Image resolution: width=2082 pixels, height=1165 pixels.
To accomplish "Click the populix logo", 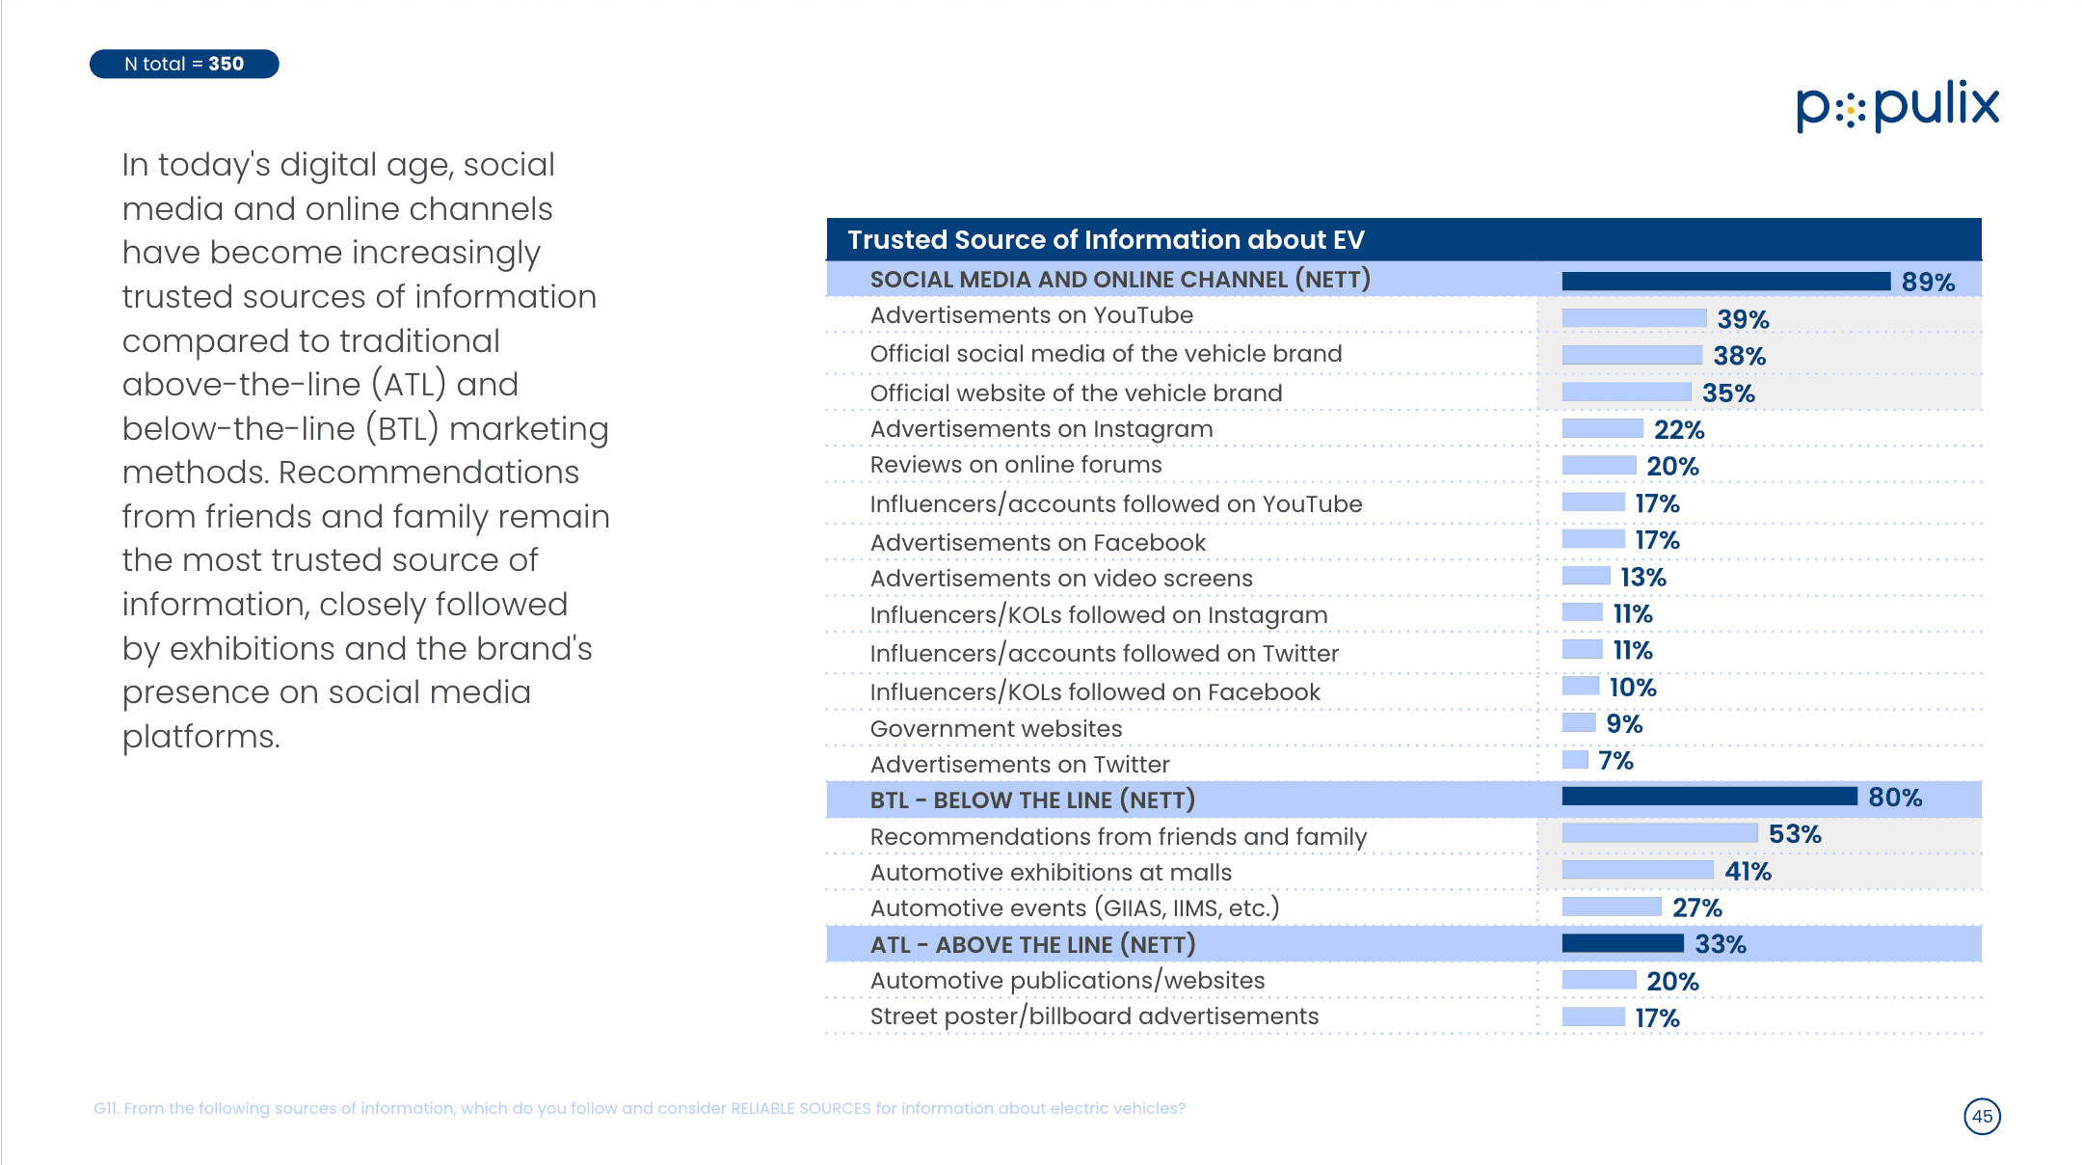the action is tap(1897, 106).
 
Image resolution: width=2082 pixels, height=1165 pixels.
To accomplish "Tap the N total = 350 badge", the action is tap(184, 64).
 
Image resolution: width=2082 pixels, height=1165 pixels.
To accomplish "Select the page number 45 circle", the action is tap(1982, 1116).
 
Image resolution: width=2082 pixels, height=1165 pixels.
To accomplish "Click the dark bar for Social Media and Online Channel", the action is tap(1726, 281).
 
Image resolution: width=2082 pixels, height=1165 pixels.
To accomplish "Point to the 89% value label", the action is tap(1928, 282).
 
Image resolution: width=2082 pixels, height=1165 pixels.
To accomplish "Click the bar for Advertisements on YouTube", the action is tap(1634, 317).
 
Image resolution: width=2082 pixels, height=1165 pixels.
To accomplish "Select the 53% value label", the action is tap(1795, 834).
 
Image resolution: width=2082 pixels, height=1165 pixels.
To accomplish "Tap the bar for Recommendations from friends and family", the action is tap(1660, 832).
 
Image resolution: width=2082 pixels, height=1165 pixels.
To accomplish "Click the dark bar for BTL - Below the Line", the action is tap(1710, 796).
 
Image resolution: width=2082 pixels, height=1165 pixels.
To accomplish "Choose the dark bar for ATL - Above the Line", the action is tap(1623, 942).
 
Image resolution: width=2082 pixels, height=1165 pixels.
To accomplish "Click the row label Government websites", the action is tap(996, 728).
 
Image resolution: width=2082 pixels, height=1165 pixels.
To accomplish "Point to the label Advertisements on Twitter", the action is tap(1020, 764).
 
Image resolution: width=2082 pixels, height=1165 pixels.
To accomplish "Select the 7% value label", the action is tap(1615, 761).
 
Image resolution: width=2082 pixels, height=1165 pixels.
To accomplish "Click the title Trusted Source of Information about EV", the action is tap(1106, 239).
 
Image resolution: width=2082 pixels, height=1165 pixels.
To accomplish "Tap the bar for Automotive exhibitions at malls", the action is tap(1638, 869).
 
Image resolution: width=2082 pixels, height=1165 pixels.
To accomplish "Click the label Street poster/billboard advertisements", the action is tap(1094, 1016).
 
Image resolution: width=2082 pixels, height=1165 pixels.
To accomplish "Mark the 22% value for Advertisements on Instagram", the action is tap(1679, 430).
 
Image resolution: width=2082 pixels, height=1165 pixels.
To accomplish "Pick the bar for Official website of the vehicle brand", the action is tap(1627, 391).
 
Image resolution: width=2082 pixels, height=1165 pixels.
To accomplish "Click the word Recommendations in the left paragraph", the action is tap(429, 473).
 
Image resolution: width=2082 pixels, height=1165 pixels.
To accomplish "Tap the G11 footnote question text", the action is tap(640, 1108).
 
